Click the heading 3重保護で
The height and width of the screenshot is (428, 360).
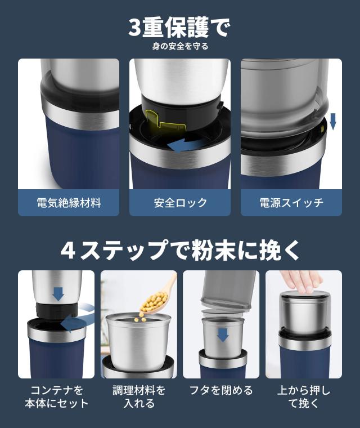click(x=179, y=27)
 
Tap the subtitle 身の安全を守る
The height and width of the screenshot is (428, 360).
click(x=180, y=46)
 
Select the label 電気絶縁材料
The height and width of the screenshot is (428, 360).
click(x=69, y=203)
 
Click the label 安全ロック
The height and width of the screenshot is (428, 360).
click(x=180, y=203)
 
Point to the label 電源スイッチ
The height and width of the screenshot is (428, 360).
click(x=291, y=203)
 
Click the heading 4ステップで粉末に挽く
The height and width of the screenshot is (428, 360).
click(x=180, y=250)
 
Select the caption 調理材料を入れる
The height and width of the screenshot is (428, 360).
click(x=138, y=396)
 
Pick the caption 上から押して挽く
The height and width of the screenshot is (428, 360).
click(x=304, y=396)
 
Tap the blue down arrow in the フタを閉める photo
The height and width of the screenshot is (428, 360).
click(x=223, y=335)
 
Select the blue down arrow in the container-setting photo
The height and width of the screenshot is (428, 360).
click(x=58, y=293)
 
